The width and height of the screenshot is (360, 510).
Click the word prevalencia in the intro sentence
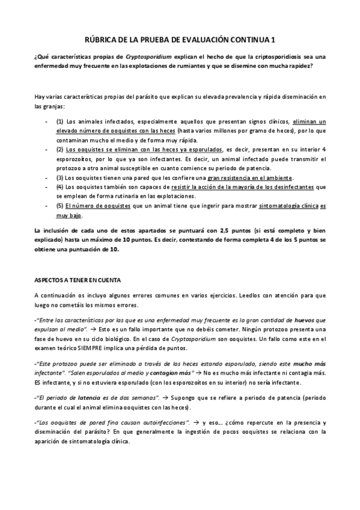click(231, 96)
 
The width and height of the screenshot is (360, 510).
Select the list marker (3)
click(59, 179)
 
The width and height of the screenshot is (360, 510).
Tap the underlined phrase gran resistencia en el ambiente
click(250, 179)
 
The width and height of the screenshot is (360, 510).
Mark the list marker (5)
click(59, 206)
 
